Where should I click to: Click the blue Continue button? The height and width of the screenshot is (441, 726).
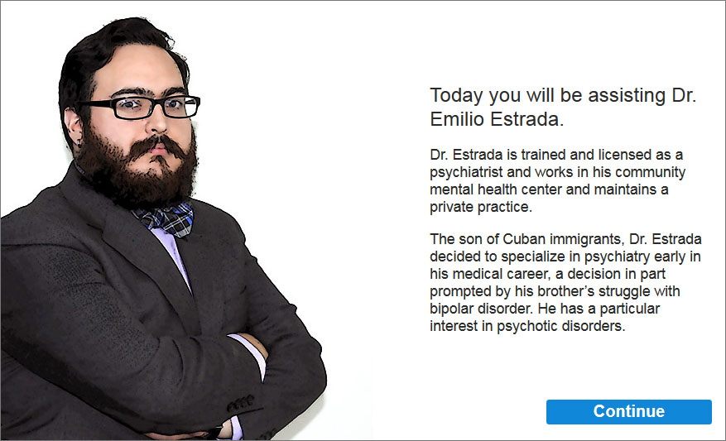629,411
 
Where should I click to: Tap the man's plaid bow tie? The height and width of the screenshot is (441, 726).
165,218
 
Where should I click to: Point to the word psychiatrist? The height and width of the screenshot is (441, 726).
466,173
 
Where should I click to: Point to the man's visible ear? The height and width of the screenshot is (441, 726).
73,127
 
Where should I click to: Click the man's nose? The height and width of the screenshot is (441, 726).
158,122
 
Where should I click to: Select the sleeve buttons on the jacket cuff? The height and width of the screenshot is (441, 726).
240,403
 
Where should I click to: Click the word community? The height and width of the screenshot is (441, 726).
650,173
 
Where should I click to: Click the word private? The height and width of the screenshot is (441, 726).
450,207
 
